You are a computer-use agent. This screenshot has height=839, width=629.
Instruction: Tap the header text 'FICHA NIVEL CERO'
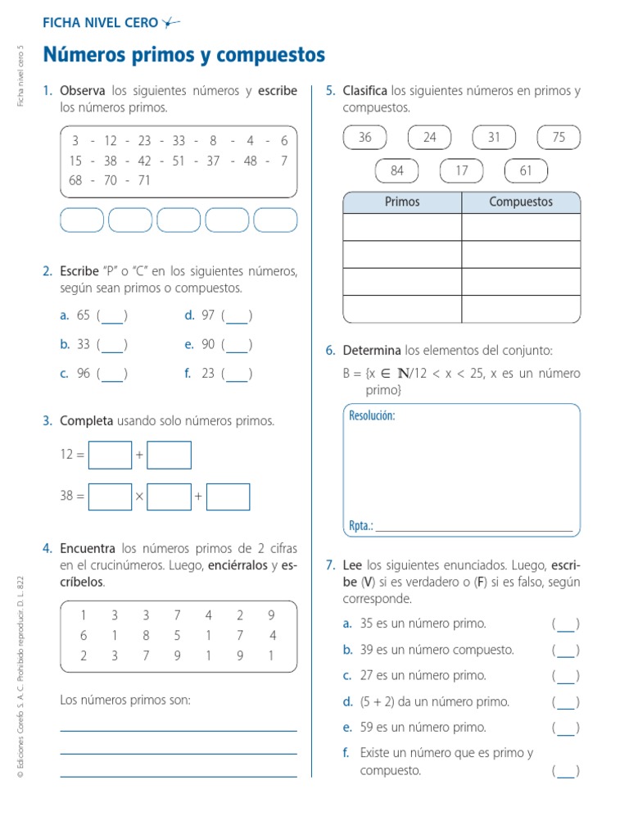coord(100,23)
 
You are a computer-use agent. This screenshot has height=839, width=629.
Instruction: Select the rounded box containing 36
coord(365,138)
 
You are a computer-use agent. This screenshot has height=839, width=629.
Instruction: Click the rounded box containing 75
coord(559,138)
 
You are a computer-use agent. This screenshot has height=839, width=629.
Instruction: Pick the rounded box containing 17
coord(462,170)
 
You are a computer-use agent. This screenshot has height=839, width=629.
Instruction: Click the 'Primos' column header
coord(401,202)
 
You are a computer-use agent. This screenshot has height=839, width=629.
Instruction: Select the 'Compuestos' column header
coord(521,202)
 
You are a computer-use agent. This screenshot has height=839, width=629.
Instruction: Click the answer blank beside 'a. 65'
coord(112,316)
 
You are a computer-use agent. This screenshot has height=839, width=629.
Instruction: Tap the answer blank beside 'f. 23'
coord(237,374)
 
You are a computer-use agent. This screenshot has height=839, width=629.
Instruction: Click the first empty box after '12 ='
coord(110,455)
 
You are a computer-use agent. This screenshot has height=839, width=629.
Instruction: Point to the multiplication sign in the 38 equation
coord(139,497)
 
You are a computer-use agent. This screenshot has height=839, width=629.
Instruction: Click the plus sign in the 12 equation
coord(139,455)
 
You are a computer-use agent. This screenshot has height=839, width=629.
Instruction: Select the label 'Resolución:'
coord(372,415)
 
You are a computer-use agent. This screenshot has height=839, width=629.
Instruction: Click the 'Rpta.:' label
coord(361,526)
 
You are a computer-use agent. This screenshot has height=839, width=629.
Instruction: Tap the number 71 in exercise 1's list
coord(144,181)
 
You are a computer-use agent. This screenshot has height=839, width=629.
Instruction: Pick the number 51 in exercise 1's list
coord(179,161)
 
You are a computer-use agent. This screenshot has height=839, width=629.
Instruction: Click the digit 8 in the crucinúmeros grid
coord(146,635)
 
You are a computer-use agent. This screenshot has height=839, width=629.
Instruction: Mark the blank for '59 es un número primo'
coord(566,728)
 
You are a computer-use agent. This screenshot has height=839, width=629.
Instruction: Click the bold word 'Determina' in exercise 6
coord(372,351)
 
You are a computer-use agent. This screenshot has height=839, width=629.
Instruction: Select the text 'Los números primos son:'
coord(125,700)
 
